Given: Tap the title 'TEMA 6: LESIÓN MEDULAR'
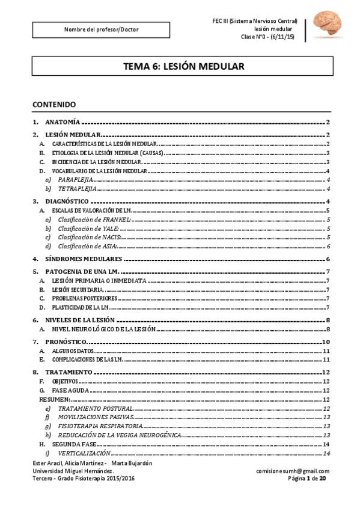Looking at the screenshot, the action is click(x=183, y=67).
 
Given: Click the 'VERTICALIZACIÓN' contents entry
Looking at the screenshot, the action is click(x=84, y=452).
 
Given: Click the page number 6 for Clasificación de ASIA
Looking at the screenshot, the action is click(x=328, y=247).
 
